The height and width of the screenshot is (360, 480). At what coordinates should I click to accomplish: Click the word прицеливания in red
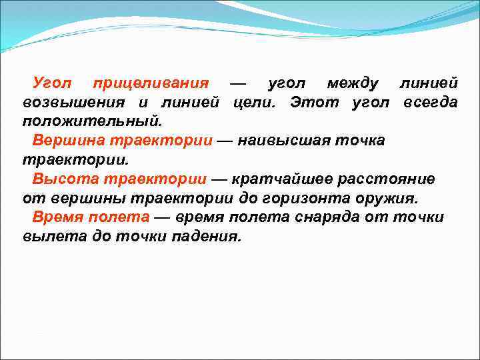click(x=151, y=84)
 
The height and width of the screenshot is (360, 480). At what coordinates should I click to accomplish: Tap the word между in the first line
click(x=353, y=84)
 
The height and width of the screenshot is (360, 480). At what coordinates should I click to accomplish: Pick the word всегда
click(x=430, y=103)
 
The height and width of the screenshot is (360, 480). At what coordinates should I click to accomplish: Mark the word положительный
click(x=92, y=123)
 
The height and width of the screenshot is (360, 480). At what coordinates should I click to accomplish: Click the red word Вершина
click(x=64, y=141)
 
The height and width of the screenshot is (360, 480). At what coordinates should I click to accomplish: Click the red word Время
click(x=58, y=218)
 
